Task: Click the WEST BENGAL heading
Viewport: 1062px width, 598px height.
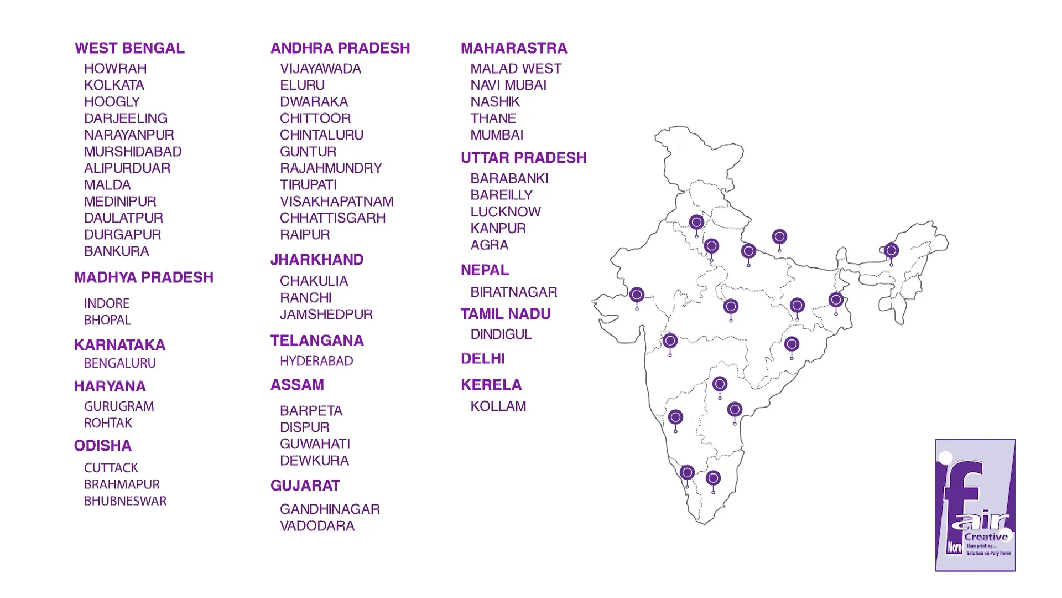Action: pos(129,48)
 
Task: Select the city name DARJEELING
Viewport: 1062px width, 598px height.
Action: pos(126,118)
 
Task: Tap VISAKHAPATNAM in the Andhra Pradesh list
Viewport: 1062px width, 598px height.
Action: pos(336,202)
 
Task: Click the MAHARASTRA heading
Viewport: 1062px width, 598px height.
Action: pos(514,48)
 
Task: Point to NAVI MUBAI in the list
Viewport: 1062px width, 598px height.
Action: pos(508,85)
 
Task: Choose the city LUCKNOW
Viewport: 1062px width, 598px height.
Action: pos(505,212)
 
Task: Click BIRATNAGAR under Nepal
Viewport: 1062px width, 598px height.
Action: pos(513,292)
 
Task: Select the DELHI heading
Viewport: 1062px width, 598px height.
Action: pos(482,359)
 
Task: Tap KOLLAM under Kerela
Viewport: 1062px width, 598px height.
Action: pos(498,406)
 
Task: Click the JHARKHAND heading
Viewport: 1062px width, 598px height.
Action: pos(316,260)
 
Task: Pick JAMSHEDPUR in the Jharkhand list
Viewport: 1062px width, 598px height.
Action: pos(326,315)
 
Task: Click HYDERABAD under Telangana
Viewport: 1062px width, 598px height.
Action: pos(316,361)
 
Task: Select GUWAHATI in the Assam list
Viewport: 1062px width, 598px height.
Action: pos(315,444)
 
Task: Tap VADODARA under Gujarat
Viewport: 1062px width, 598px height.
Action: pos(317,526)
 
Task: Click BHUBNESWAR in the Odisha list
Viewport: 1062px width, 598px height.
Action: pos(125,501)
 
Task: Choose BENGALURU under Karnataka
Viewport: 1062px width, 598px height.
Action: pos(119,363)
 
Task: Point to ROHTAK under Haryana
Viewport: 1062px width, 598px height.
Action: pos(108,423)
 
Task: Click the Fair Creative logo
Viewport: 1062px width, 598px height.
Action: pos(975,505)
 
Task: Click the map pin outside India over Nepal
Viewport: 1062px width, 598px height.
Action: pos(779,238)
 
